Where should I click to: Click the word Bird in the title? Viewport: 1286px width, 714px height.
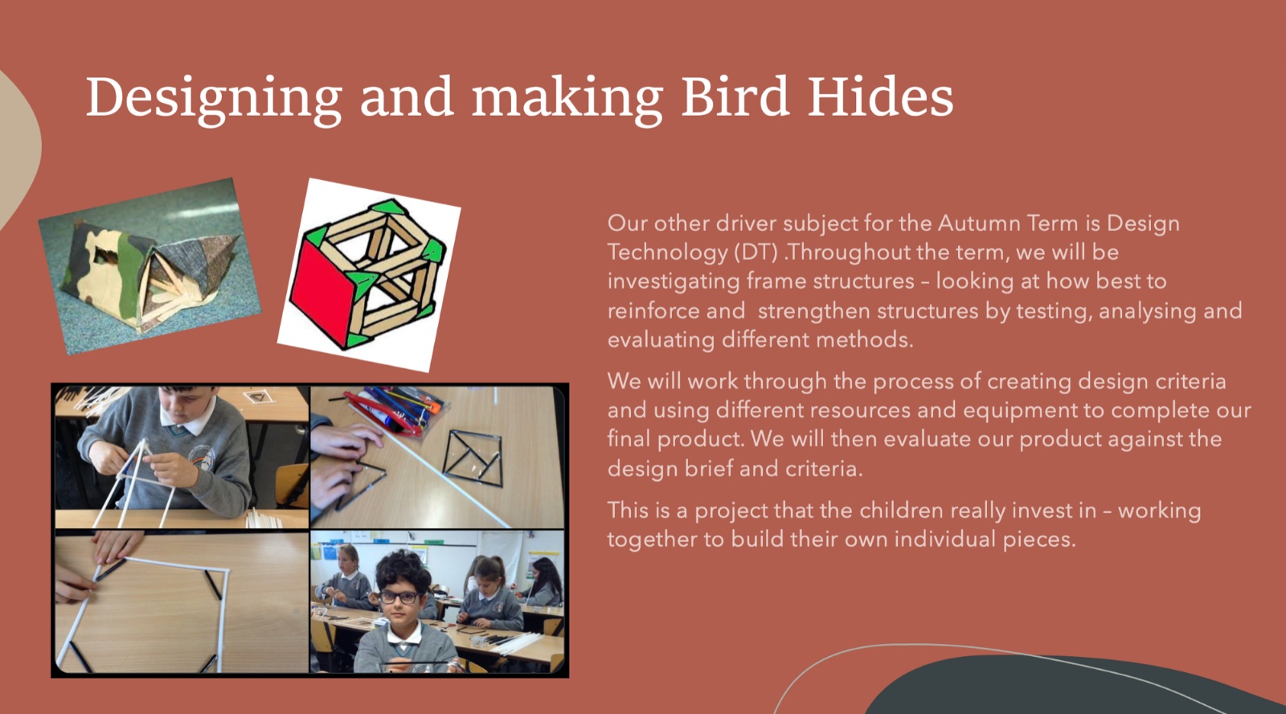tap(735, 96)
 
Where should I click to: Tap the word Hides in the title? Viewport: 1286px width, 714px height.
tap(881, 96)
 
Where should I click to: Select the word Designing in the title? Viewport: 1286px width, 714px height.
tap(214, 101)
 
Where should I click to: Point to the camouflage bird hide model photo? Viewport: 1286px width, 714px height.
tap(149, 266)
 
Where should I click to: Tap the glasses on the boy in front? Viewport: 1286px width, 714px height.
tap(399, 597)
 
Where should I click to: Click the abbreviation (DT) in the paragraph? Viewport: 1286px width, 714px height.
tap(756, 252)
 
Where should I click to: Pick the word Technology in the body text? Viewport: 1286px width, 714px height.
tap(667, 253)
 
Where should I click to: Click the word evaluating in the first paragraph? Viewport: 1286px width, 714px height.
tap(661, 340)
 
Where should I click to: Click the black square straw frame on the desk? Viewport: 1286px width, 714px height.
tap(473, 458)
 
